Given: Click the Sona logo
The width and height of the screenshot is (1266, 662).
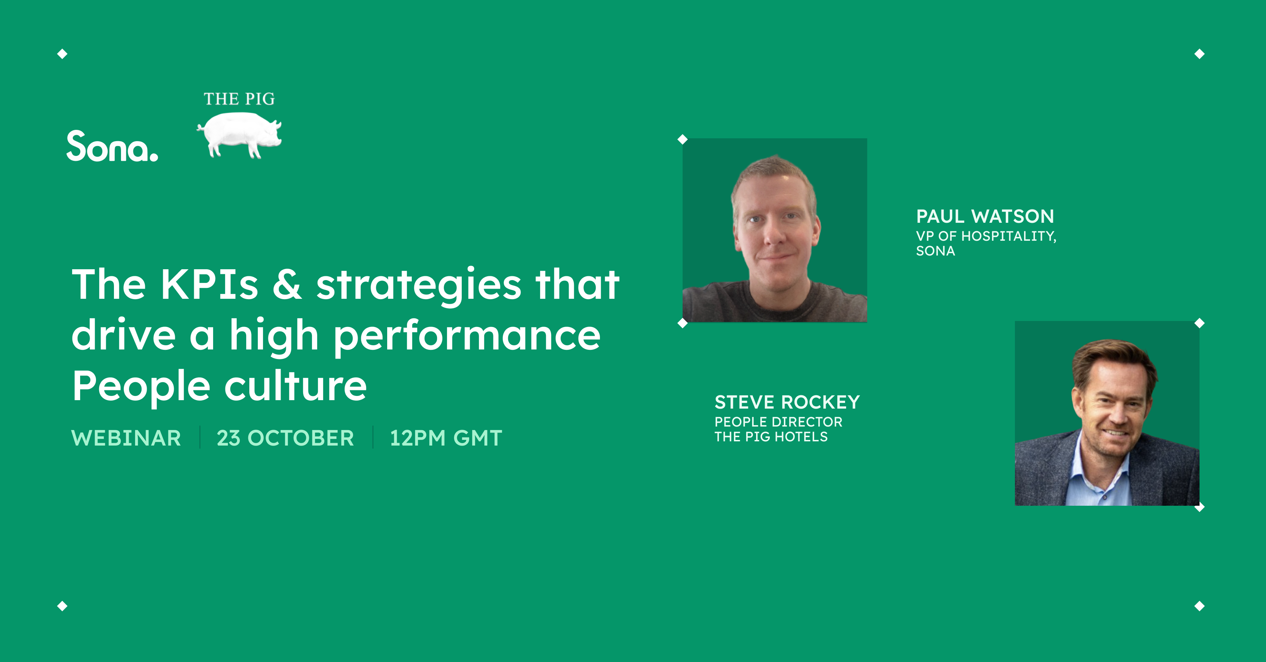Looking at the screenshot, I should click(x=112, y=146).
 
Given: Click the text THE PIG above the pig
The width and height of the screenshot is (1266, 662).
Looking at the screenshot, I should click(x=239, y=99).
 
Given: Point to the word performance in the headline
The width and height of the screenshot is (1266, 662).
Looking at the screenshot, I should click(x=467, y=336).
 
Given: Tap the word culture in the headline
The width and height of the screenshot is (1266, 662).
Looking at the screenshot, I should click(x=295, y=386).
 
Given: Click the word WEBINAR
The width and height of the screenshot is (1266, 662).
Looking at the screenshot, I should click(x=126, y=438).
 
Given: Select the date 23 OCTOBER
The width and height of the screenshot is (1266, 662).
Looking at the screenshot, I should click(x=285, y=438).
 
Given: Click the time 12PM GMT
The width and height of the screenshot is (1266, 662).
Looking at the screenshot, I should click(x=446, y=438).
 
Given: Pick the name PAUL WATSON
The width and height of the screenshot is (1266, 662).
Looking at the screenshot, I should click(x=985, y=216).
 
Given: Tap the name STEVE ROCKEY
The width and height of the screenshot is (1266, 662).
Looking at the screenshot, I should click(x=787, y=402).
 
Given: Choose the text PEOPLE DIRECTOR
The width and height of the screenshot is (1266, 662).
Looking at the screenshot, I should click(x=778, y=422).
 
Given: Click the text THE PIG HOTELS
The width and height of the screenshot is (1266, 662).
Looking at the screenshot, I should click(x=771, y=437).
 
